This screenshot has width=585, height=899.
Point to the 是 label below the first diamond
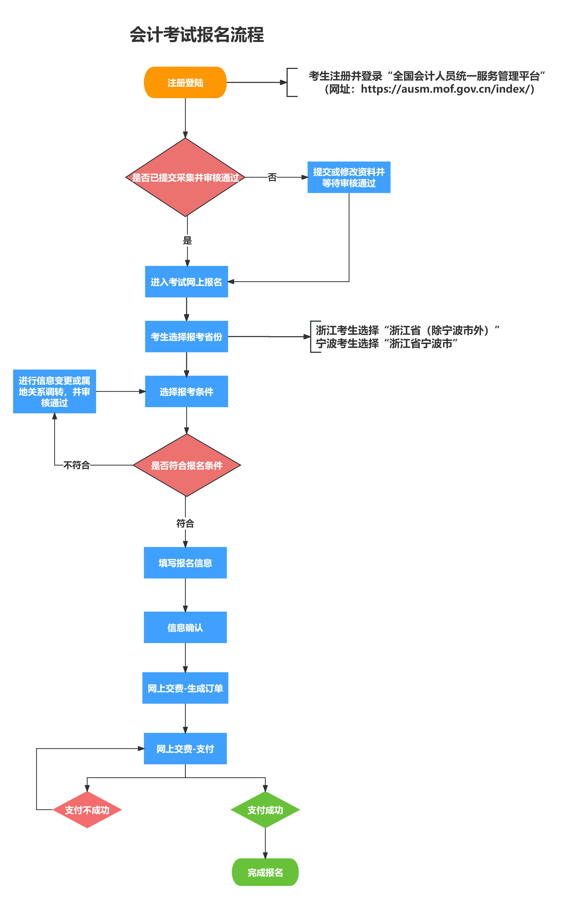[x=187, y=241]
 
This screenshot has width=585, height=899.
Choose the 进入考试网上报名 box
[x=186, y=282]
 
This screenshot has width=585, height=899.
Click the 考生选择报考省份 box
[x=186, y=336]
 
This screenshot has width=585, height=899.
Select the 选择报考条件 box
[x=186, y=391]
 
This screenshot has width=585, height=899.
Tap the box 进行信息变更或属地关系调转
[x=54, y=391]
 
